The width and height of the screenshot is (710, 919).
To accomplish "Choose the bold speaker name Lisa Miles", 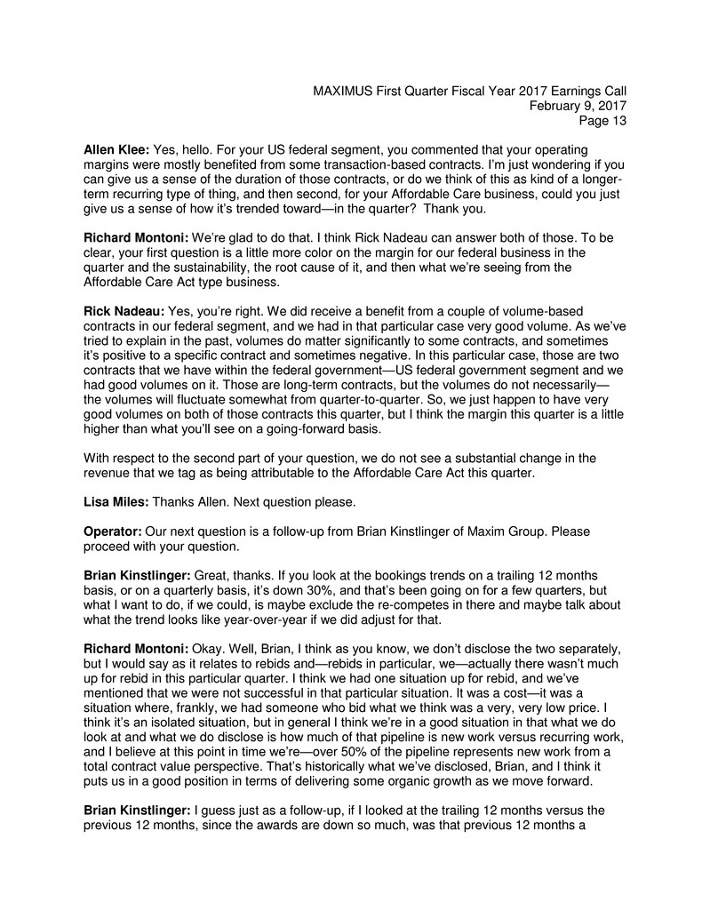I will [x=116, y=502].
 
